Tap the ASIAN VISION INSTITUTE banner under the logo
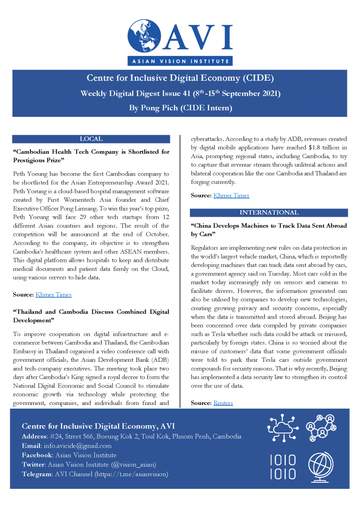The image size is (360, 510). click(x=180, y=61)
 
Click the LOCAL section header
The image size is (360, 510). click(x=91, y=139)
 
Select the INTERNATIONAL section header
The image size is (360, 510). click(x=269, y=213)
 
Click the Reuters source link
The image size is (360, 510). click(x=223, y=403)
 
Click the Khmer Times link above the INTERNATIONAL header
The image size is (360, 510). click(x=231, y=195)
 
